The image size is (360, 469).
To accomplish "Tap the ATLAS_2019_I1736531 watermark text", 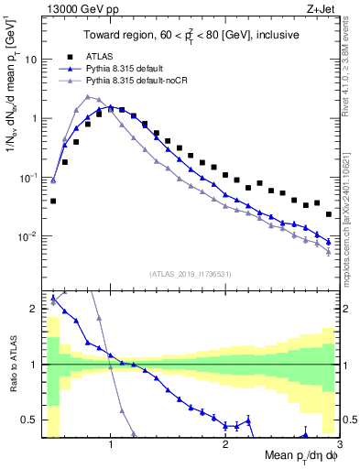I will click(x=191, y=274).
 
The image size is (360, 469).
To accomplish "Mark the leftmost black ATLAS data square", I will click(x=53, y=201).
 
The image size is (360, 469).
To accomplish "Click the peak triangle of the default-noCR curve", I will click(x=88, y=96).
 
